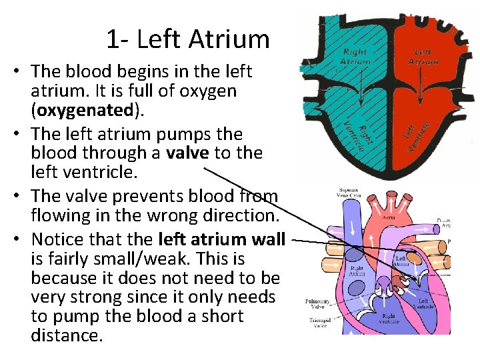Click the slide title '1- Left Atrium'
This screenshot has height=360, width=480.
point(187,40)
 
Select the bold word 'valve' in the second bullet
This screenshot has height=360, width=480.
point(187,153)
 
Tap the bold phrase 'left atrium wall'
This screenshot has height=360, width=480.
point(222,239)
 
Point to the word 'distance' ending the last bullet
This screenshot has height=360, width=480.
point(67,335)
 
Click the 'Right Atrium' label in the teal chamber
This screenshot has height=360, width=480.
point(355,57)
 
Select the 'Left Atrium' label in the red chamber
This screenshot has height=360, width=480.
point(426,57)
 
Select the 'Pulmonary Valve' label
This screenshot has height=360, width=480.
point(317,304)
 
